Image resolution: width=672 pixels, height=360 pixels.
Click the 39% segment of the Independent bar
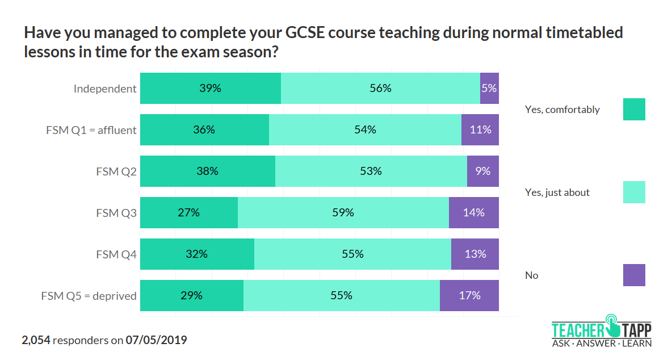210,89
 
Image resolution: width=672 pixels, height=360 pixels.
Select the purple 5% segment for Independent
489,89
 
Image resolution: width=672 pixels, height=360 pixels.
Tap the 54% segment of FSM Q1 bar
365,130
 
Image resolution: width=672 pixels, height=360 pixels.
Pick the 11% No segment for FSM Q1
480,130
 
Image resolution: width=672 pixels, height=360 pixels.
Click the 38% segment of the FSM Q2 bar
207,171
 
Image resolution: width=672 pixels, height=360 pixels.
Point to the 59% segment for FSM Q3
343,213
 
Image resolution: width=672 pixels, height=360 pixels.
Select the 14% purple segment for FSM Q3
474,213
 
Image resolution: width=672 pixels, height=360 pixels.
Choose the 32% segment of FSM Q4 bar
196,254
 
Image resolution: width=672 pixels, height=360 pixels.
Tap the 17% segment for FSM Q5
469,296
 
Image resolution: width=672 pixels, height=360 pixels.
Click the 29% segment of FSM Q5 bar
191,296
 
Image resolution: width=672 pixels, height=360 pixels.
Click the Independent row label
105,89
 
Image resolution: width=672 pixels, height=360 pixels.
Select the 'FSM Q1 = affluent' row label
91,130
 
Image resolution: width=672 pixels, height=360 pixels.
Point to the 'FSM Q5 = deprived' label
89,296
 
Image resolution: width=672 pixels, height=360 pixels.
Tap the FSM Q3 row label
116,213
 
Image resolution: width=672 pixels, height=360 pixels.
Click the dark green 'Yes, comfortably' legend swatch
634,110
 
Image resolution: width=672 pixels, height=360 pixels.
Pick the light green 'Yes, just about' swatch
634,192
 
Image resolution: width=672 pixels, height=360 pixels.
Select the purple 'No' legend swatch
634,275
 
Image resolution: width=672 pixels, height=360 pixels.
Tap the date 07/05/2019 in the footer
157,341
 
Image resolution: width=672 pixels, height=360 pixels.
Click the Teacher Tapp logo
602,330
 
